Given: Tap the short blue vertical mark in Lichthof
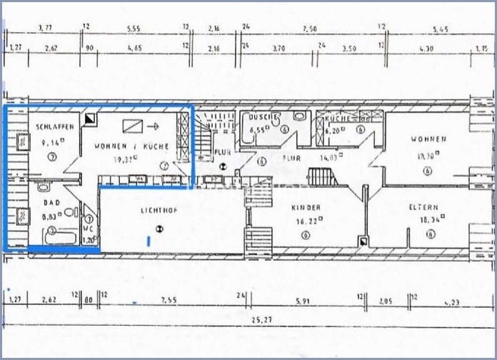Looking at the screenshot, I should [x=148, y=241].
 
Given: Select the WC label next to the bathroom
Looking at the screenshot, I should [x=89, y=230].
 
